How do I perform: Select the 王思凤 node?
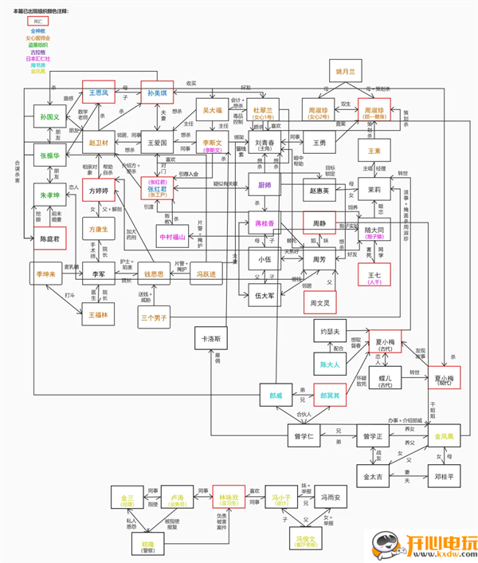coord(99,93)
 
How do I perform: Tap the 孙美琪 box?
coord(157,93)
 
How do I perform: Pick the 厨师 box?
coord(265,183)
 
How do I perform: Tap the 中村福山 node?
coord(172,237)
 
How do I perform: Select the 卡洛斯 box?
coord(211,337)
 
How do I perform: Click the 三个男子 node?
coord(154,317)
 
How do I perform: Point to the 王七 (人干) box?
coord(374,278)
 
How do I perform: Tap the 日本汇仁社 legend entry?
coord(37,58)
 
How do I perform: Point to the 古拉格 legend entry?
coord(37,52)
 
